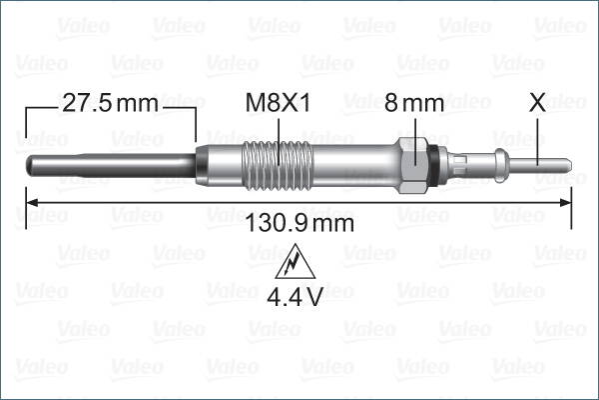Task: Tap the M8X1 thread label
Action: click(280, 102)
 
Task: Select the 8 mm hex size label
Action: click(413, 102)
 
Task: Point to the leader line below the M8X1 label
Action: click(280, 130)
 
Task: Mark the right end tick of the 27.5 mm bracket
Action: click(197, 125)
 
